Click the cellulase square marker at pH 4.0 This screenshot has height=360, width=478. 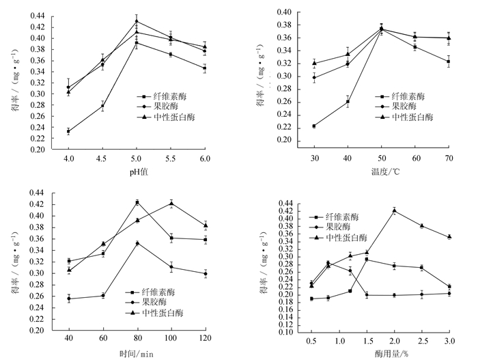[x=68, y=131]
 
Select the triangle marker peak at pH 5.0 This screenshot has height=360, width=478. [x=137, y=21]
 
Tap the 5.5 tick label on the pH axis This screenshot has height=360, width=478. [x=171, y=158]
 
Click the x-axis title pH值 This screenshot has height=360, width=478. [x=137, y=171]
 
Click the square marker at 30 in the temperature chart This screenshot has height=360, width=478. [x=314, y=126]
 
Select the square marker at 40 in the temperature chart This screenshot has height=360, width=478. [x=348, y=102]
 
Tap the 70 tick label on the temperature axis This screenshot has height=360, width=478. [x=448, y=158]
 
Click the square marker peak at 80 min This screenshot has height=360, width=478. [x=137, y=202]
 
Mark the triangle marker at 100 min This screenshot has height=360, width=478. [x=171, y=202]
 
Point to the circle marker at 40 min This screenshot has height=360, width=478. [x=68, y=299]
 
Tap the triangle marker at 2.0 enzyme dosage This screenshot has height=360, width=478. [x=395, y=210]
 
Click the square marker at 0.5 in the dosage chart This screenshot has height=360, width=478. [x=311, y=299]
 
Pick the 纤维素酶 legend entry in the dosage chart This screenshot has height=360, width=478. [x=342, y=217]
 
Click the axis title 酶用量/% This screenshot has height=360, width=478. [x=380, y=352]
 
